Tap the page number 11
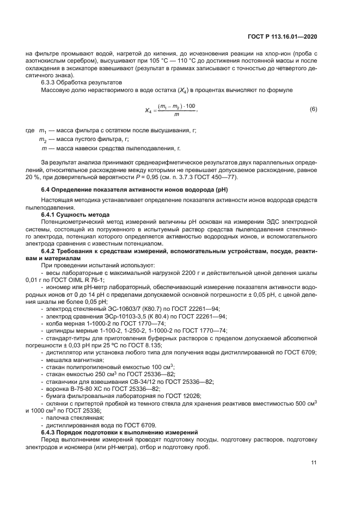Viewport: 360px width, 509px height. pos(314,463)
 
